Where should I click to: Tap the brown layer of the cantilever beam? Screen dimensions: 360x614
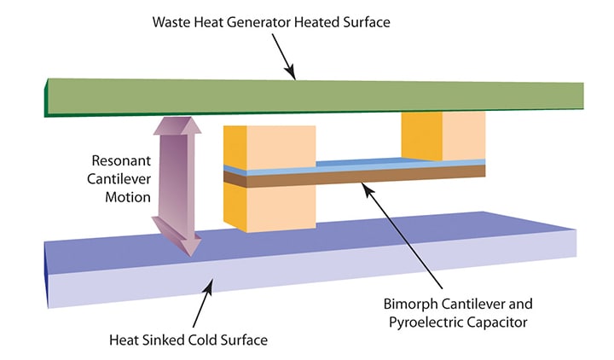pos(358,176)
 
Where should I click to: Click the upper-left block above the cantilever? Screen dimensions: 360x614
pos(269,145)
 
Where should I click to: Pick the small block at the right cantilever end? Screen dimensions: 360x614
pos(443,135)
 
